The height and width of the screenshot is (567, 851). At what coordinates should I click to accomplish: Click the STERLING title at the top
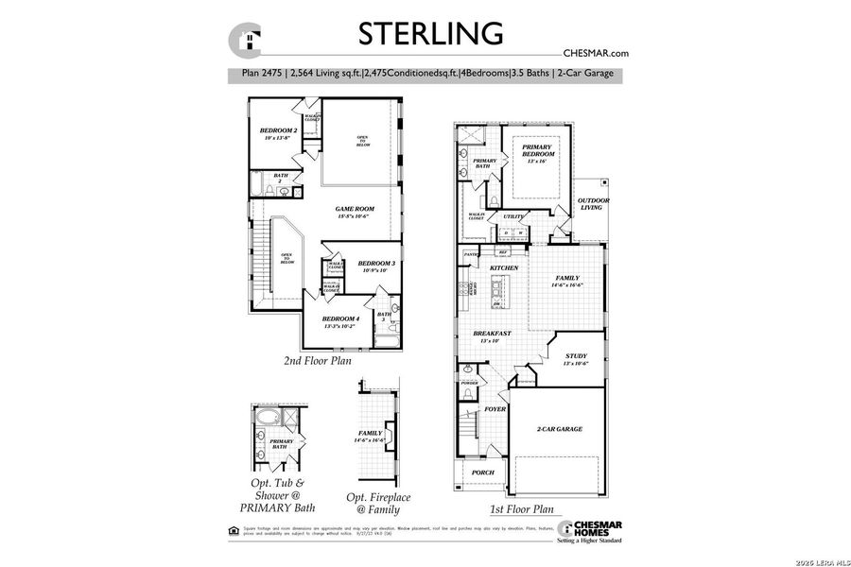pyautogui.click(x=429, y=32)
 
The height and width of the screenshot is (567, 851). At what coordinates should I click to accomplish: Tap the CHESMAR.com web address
pyautogui.click(x=596, y=54)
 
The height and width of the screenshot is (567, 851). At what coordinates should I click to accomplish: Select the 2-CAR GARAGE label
pyautogui.click(x=559, y=429)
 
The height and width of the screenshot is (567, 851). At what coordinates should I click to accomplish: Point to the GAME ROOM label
pyautogui.click(x=356, y=210)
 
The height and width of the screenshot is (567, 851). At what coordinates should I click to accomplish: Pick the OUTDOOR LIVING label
pyautogui.click(x=594, y=204)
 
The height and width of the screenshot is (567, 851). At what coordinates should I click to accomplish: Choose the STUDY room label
pyautogui.click(x=576, y=357)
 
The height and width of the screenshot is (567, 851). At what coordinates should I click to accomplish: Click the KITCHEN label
pyautogui.click(x=504, y=268)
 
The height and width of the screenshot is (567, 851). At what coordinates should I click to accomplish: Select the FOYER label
pyautogui.click(x=495, y=409)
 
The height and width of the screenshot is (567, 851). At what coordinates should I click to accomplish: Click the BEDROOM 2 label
pyautogui.click(x=279, y=131)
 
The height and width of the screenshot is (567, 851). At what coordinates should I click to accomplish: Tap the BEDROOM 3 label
pyautogui.click(x=376, y=264)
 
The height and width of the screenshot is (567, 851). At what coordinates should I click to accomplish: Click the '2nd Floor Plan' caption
pyautogui.click(x=319, y=361)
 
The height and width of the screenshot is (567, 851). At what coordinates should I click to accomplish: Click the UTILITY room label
pyautogui.click(x=514, y=217)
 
